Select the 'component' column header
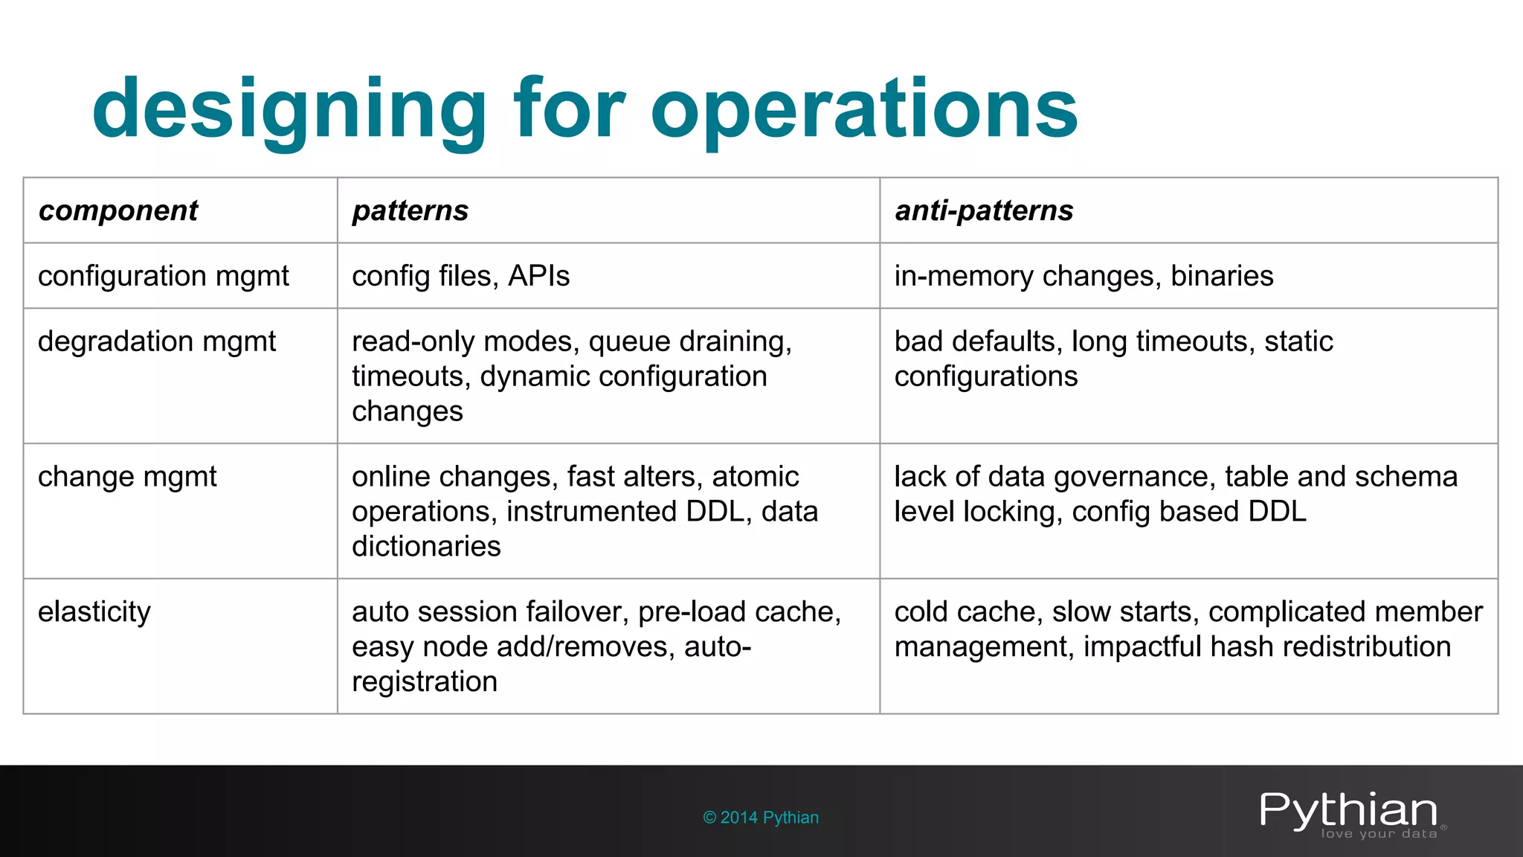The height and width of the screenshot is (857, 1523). tap(118, 211)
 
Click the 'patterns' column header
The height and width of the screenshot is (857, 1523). tap(410, 211)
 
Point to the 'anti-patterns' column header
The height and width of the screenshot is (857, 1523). tap(984, 211)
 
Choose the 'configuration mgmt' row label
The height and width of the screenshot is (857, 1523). tap(164, 276)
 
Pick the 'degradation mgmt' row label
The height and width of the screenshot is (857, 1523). tap(157, 341)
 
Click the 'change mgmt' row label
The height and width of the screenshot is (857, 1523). tap(127, 477)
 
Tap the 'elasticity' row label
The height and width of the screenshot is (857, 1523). tap(94, 612)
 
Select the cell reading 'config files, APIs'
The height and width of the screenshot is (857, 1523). tap(460, 276)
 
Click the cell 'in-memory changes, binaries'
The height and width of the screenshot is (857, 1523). tap(1084, 276)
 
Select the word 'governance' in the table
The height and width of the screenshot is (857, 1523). tap(1133, 477)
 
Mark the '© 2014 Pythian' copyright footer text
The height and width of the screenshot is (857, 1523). tap(761, 818)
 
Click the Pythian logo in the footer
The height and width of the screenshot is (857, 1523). tap(1348, 811)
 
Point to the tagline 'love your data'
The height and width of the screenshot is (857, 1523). tap(1379, 834)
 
